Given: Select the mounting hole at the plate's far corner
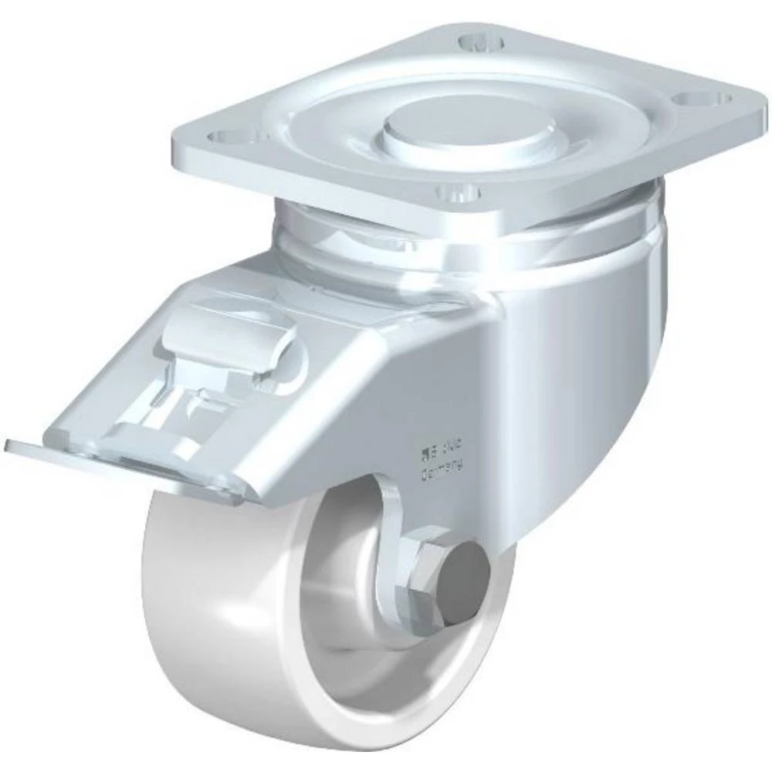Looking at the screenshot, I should (x=478, y=40).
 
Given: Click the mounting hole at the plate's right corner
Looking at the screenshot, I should (x=706, y=98).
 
